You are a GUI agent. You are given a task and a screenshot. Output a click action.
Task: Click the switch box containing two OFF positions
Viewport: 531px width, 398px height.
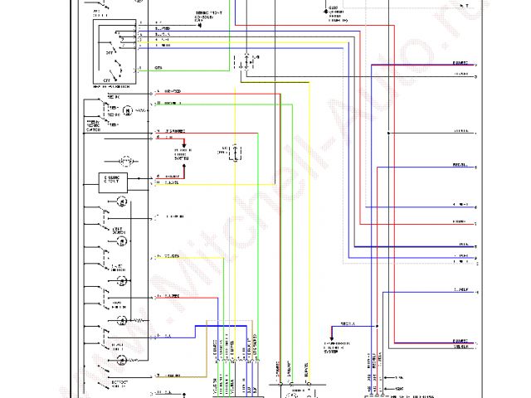tap(116, 49)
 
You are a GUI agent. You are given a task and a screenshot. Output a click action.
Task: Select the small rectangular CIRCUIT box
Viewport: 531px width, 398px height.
tap(114, 179)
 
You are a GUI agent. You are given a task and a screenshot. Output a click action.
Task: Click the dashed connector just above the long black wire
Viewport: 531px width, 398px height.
tap(246, 60)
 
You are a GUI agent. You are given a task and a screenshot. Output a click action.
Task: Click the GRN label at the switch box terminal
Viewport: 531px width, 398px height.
tap(158, 67)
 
